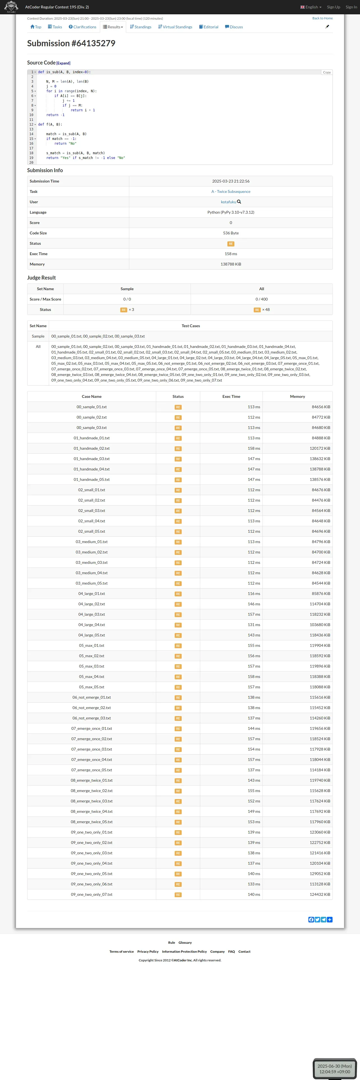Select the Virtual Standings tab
point(175,27)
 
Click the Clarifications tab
point(82,27)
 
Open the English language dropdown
point(311,7)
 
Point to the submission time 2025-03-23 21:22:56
point(230,181)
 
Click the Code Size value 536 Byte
point(230,233)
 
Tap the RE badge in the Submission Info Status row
point(230,244)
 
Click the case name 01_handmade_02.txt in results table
point(91,449)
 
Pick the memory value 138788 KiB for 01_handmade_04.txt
point(320,469)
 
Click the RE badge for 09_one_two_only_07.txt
point(178,895)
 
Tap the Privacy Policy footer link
point(147,952)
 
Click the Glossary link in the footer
point(185,943)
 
